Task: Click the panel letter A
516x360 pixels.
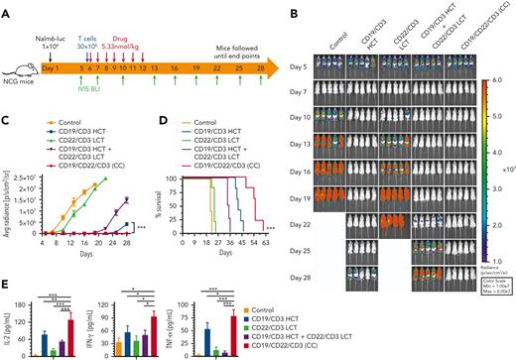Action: (x=7, y=7)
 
